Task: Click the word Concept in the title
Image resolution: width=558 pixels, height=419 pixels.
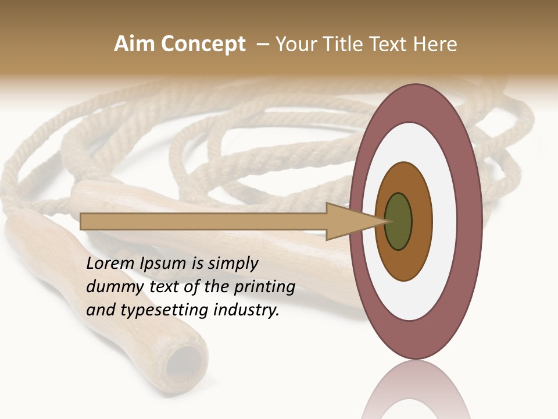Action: pos(203,44)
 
